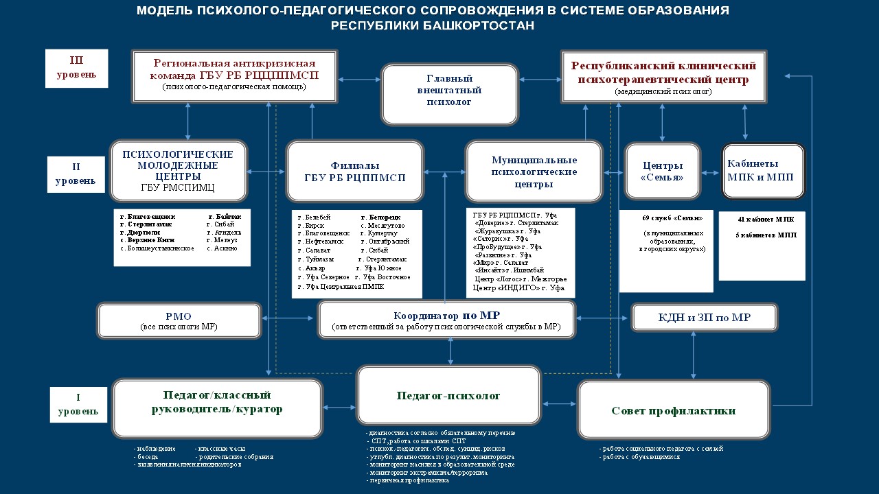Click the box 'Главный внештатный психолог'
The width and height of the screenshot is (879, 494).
449,94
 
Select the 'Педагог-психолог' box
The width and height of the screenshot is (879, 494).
448,396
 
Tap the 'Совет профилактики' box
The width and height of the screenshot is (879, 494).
673,410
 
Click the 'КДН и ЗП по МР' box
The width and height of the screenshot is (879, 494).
704,318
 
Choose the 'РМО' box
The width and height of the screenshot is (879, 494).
179,320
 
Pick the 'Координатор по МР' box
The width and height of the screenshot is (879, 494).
446,320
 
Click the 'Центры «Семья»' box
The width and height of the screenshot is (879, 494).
662,171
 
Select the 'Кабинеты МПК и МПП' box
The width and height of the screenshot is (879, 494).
762,170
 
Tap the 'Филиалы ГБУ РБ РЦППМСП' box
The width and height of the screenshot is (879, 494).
354,172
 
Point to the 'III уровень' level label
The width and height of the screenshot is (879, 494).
76,68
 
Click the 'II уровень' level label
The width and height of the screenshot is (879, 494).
76,174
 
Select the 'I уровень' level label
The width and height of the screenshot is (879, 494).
78,405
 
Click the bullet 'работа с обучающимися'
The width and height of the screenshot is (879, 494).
641,456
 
